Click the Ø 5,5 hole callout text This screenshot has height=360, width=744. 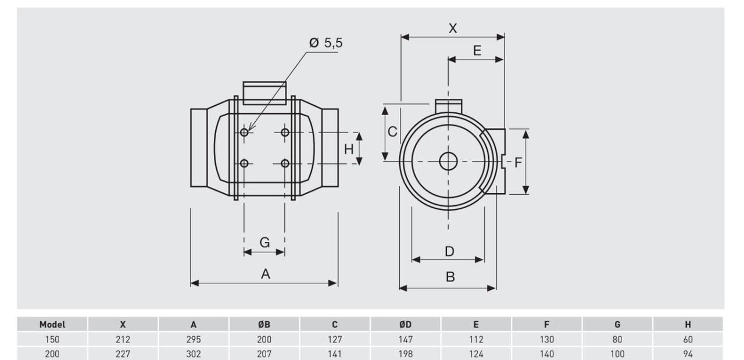[x=325, y=43]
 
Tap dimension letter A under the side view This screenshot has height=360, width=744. [x=265, y=274]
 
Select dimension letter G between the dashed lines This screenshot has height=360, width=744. [x=264, y=243]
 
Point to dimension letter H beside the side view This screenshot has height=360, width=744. [x=348, y=149]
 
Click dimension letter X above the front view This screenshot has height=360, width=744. [x=453, y=28]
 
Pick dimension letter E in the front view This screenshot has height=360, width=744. [x=477, y=51]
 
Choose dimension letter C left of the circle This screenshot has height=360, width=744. [x=392, y=132]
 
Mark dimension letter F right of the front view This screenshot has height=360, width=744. [x=518, y=162]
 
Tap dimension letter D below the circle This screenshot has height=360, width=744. [x=449, y=251]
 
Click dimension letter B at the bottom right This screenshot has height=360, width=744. [x=450, y=277]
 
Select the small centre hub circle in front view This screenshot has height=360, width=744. [x=448, y=161]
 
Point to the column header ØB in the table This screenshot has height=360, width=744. [x=264, y=325]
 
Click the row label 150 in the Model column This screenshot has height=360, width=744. [x=52, y=339]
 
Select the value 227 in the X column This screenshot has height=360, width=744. [x=123, y=353]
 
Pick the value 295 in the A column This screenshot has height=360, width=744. [x=194, y=339]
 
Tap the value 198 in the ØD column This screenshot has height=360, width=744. [x=405, y=353]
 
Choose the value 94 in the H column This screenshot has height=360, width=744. [x=688, y=353]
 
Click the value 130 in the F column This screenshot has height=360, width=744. [x=546, y=339]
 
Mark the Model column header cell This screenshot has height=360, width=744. [x=52, y=325]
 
